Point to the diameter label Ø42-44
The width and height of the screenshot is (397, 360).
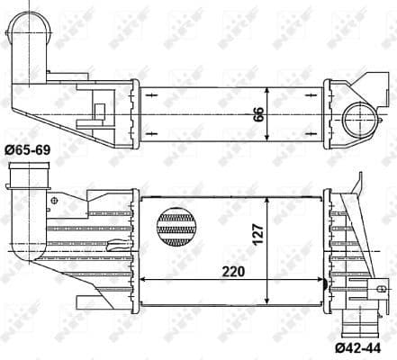click(x=366, y=346)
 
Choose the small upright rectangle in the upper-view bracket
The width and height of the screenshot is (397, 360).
click(x=99, y=110)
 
